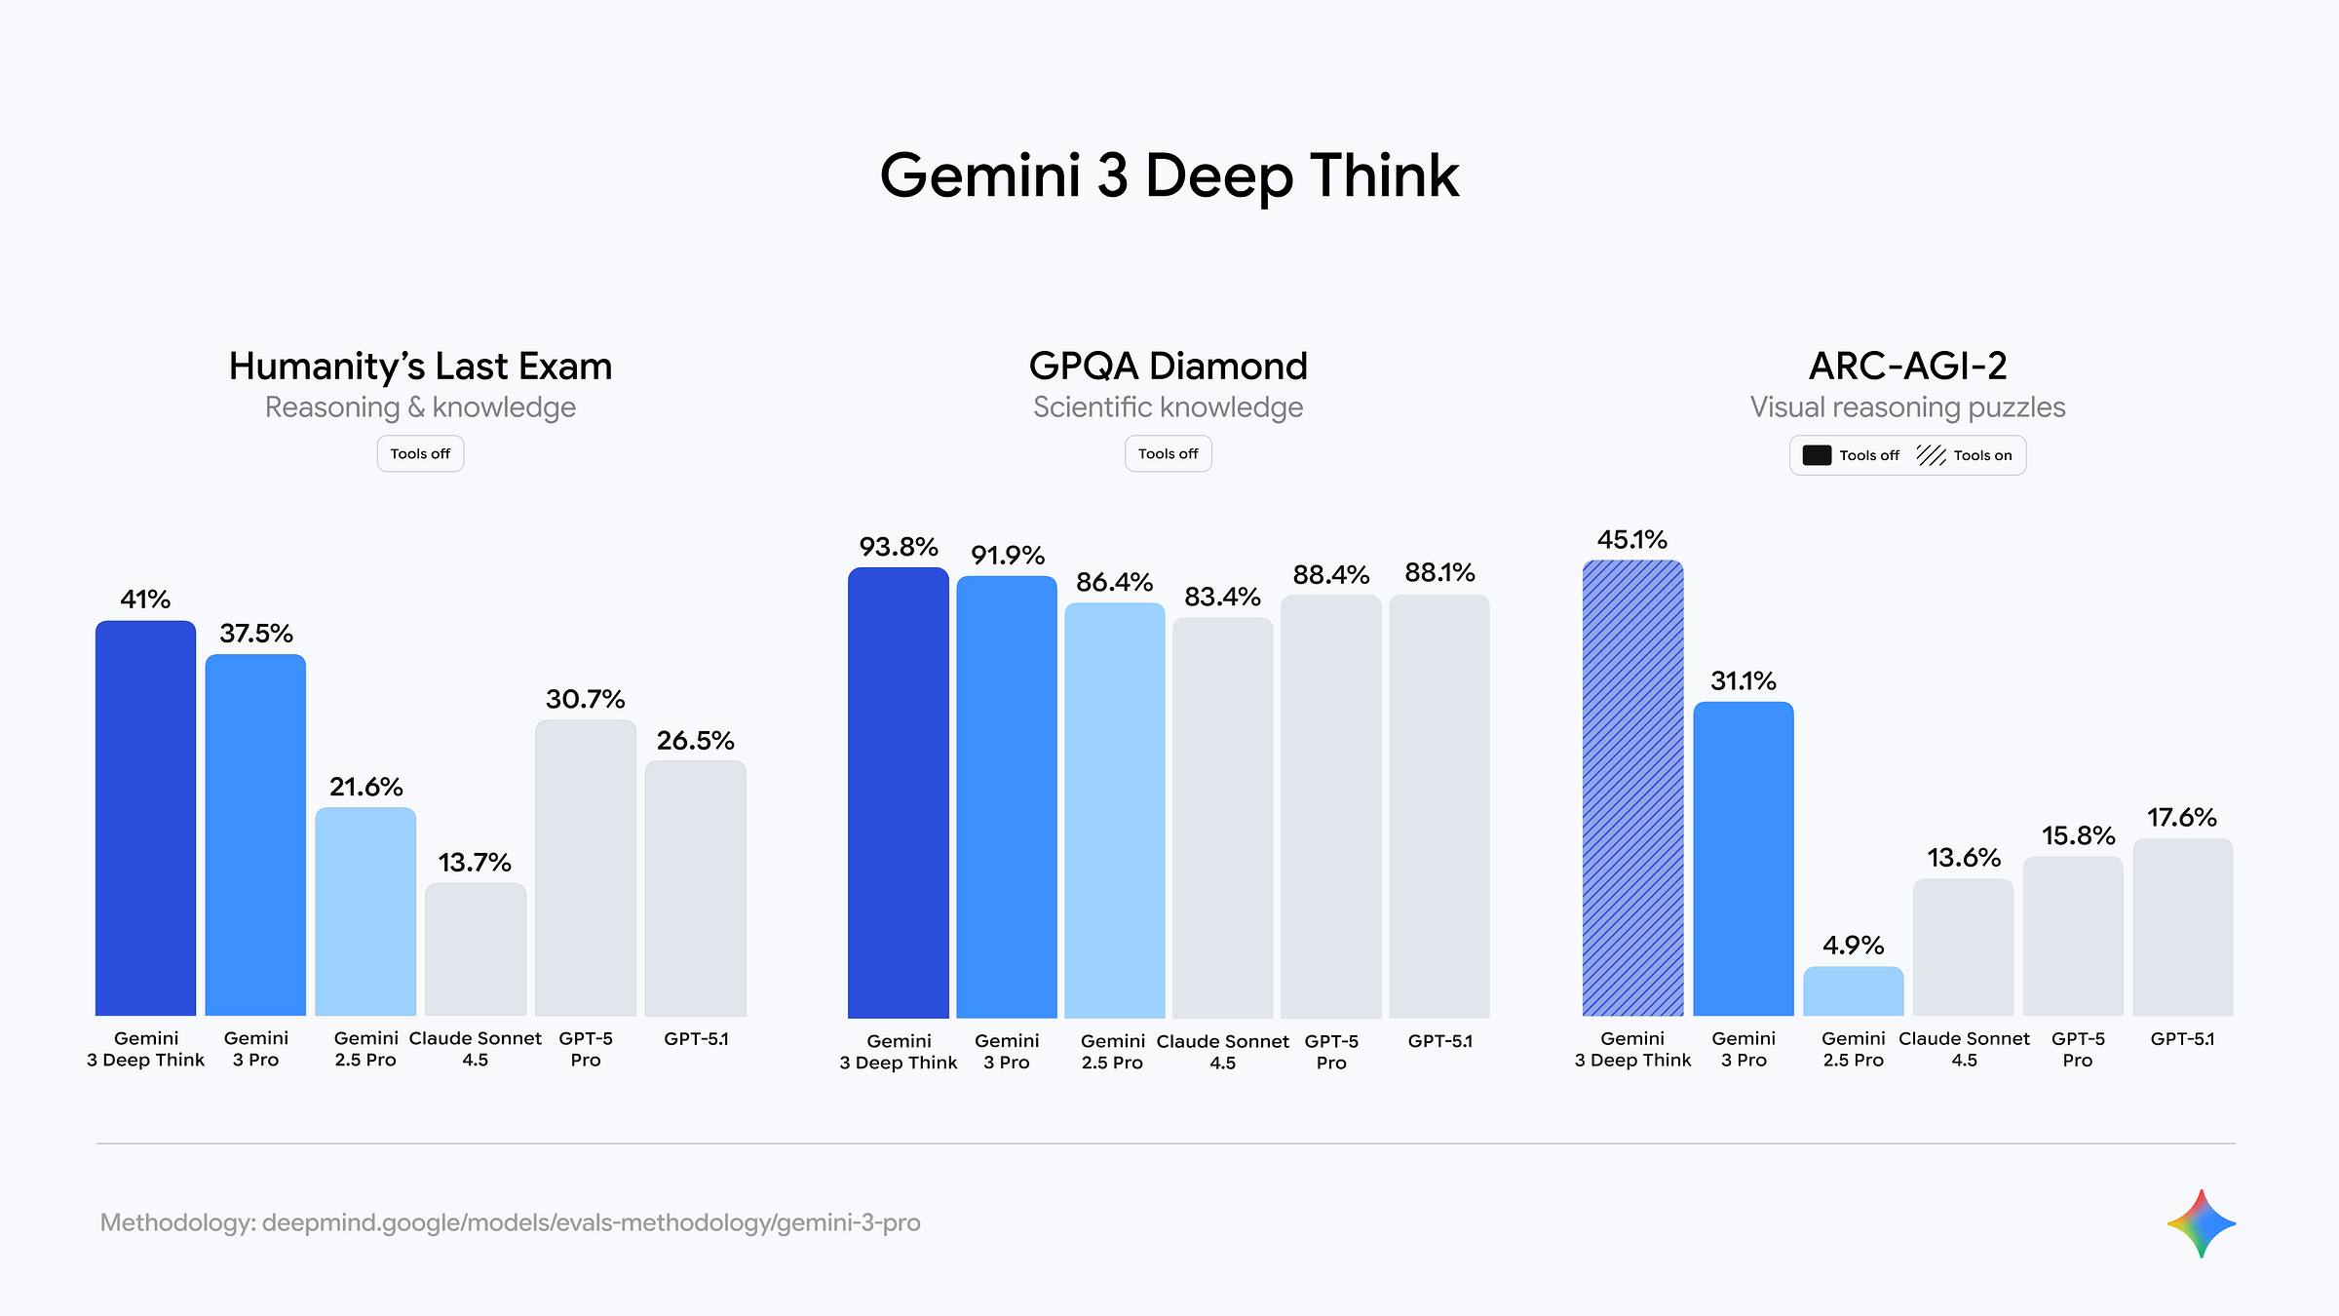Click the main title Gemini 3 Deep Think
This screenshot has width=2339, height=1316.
click(x=1169, y=176)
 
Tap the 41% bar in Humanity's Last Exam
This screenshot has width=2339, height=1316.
click(x=145, y=818)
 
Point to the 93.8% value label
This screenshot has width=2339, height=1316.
click(x=898, y=547)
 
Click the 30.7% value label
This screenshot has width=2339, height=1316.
click(x=585, y=699)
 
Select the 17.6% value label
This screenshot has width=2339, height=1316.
click(x=2181, y=817)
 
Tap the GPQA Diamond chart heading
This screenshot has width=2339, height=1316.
click(x=1168, y=367)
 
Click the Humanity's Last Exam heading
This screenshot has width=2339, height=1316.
click(x=420, y=367)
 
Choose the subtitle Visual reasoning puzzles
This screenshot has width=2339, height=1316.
click(x=1907, y=407)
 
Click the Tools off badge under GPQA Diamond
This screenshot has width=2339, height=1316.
click(x=1168, y=454)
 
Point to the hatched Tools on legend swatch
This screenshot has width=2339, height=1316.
click(x=1931, y=455)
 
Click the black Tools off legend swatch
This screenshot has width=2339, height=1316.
click(x=1817, y=455)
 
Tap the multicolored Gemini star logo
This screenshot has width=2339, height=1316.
click(x=2201, y=1223)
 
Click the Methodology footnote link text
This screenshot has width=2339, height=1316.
click(x=510, y=1222)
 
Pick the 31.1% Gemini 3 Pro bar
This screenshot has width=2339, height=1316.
click(x=1743, y=858)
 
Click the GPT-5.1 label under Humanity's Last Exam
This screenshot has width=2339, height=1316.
click(x=696, y=1039)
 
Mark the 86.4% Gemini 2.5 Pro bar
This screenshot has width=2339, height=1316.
click(x=1114, y=810)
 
